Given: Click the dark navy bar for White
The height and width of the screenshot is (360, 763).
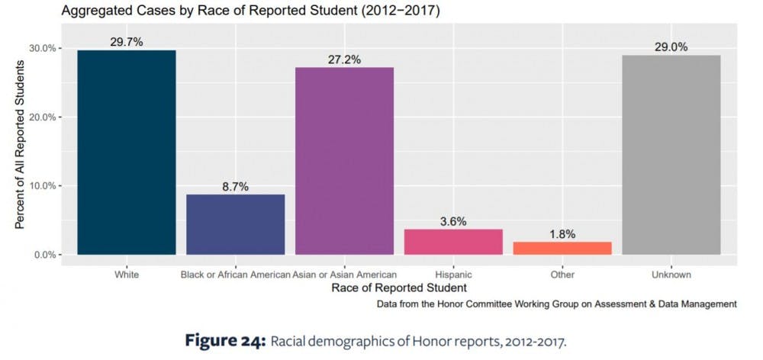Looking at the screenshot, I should coord(127,152).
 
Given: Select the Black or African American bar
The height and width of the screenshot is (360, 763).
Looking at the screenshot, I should coord(236,224).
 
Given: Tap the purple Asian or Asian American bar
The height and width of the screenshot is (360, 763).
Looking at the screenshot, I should coord(344,161).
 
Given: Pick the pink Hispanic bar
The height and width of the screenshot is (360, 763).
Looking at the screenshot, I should coord(453,242).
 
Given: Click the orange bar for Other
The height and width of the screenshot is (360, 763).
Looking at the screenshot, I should coord(562,248).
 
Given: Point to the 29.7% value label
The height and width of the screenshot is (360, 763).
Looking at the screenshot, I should coord(127,42).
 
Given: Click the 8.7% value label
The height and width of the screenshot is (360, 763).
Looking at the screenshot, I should coord(236,186).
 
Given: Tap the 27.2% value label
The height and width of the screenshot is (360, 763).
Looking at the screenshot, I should coord(344,59).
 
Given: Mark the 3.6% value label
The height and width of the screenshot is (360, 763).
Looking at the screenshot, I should coord(453,221).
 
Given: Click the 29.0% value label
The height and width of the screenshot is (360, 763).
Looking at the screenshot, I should coord(671,47).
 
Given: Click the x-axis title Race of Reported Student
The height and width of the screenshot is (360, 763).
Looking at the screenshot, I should coord(399,288).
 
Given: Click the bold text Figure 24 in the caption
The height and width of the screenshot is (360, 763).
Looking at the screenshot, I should coord(223,341).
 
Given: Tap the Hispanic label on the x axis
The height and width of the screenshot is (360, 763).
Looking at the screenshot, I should coord(453,275).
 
